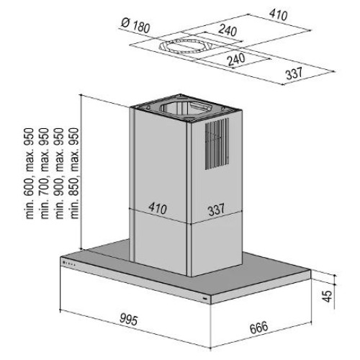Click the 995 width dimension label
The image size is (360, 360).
tap(128, 319)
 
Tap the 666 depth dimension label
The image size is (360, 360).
tap(258, 328)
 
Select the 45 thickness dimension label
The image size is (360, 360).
tap(327, 296)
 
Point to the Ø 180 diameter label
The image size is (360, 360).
tap(135, 25)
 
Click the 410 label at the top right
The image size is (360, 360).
tap(278, 14)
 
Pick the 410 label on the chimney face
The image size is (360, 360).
tap(158, 208)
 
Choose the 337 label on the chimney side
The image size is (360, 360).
tap(216, 210)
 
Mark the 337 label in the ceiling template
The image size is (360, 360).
tap(294, 73)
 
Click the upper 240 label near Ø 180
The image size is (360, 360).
tap(228, 30)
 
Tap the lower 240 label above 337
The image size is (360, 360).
tap(236, 59)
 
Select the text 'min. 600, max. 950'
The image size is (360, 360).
tap(30, 174)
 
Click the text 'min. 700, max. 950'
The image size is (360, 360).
tap(45, 174)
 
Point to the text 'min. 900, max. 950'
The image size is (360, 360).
tap(60, 174)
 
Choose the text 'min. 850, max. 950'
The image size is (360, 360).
tap(74, 174)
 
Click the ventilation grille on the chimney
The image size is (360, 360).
tap(217, 144)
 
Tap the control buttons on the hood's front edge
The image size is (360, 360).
tap(69, 264)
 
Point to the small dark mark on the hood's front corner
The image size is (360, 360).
tap(205, 298)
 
